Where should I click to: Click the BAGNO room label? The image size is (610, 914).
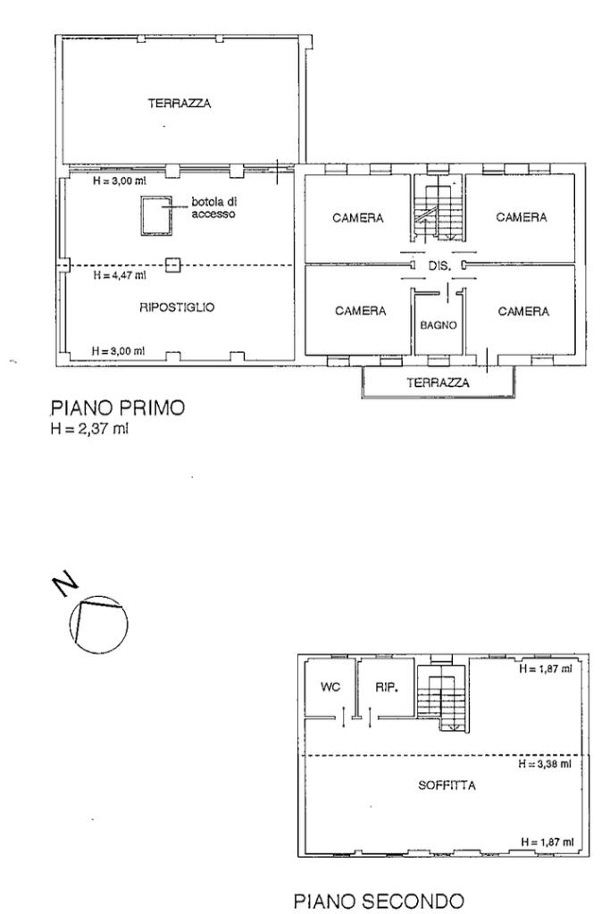(x=439, y=325)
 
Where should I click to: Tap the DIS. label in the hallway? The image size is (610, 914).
(x=439, y=266)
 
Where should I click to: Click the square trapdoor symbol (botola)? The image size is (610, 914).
(x=156, y=215)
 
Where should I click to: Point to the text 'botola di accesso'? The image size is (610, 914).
(x=213, y=208)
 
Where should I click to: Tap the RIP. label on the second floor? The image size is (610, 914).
(x=385, y=689)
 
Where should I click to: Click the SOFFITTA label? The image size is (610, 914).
(x=447, y=787)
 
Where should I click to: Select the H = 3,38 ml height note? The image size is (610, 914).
(x=544, y=764)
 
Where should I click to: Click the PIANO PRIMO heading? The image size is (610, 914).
(x=116, y=407)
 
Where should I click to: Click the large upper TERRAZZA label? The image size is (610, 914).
(x=180, y=104)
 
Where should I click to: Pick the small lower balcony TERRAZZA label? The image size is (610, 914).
(x=438, y=382)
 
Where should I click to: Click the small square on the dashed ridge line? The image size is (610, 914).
(x=174, y=264)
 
